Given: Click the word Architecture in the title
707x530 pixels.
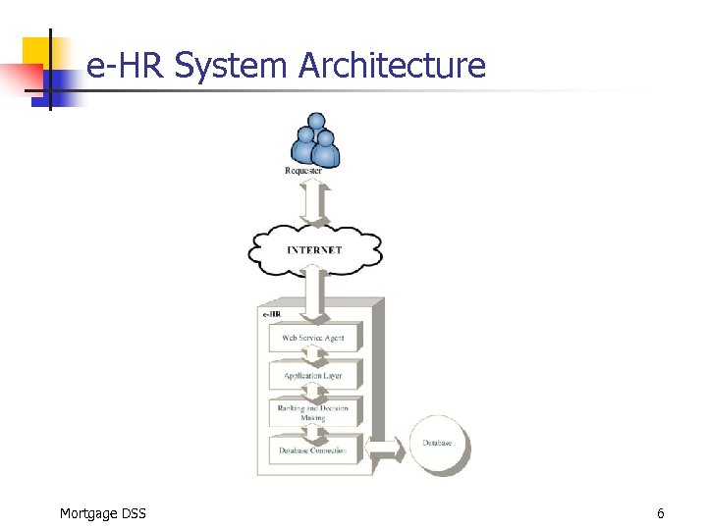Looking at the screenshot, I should (392, 66).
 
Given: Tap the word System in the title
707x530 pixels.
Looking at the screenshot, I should (234, 66).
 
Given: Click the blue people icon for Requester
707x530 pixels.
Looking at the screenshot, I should (315, 139).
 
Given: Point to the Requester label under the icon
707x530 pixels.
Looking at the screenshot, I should (303, 171).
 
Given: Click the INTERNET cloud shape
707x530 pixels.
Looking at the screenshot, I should (314, 250).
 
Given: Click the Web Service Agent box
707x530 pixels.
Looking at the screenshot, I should (313, 338).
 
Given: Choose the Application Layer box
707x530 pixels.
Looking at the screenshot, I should (313, 376).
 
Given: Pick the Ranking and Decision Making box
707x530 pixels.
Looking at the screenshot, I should (313, 413).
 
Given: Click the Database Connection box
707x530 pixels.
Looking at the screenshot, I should (313, 450).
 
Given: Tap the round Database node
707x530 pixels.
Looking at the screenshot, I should (437, 444).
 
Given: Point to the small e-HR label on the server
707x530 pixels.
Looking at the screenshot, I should (272, 314).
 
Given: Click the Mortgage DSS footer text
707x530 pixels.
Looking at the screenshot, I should (102, 513).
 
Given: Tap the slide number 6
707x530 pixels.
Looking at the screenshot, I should (661, 513).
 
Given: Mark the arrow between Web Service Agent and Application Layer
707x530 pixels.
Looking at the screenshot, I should (313, 357).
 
